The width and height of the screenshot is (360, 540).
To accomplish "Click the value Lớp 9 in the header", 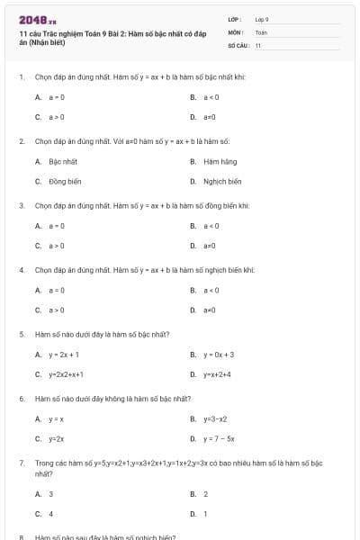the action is (262, 19).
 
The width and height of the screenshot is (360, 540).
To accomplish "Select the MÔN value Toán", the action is (261, 31).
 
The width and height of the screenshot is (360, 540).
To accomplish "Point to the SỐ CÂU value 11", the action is (258, 44).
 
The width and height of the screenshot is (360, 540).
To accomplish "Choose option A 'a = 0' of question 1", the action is (56, 96).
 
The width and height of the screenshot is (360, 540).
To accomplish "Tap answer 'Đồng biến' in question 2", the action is (64, 181).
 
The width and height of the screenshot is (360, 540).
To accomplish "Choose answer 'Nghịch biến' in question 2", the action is (222, 181).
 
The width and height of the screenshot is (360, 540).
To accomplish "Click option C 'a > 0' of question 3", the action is (56, 245).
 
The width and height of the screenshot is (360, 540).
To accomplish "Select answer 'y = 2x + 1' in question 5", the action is (64, 355).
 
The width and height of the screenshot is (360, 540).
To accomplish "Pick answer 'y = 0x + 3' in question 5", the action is (218, 355).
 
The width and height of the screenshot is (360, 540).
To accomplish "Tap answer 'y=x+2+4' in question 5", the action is (217, 374).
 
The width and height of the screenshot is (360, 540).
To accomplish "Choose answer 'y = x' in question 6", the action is (56, 418).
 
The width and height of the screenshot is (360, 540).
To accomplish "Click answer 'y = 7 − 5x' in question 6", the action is (219, 438).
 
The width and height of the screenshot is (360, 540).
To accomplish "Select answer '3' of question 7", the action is (50, 494).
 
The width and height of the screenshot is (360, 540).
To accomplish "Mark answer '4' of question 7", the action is (50, 514).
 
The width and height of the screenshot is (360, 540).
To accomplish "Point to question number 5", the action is (22, 334).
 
